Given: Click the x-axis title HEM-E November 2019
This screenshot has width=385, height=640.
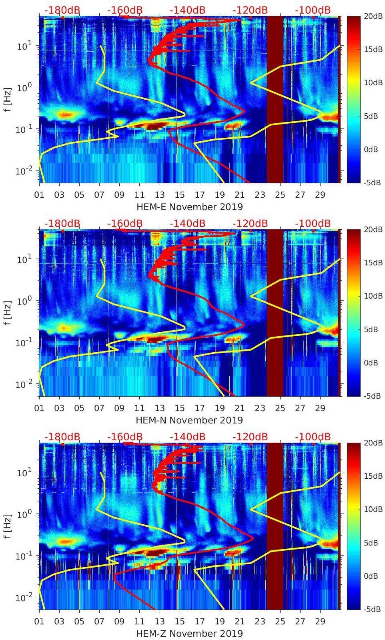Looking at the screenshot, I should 190,207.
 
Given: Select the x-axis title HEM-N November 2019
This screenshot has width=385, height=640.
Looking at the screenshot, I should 189,420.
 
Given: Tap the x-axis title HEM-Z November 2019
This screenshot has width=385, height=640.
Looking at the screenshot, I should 189,634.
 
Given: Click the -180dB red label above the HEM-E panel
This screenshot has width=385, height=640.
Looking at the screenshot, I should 62,10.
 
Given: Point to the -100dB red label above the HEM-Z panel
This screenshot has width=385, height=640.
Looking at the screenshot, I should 313,437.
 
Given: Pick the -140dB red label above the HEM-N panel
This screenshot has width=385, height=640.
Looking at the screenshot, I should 188,223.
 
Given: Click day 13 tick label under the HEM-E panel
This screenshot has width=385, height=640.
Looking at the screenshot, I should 160,195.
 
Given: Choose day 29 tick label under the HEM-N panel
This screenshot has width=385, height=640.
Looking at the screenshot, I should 320,408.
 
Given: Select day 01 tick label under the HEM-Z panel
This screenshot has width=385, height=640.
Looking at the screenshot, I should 39,622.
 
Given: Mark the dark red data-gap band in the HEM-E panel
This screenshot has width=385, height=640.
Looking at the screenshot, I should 275,99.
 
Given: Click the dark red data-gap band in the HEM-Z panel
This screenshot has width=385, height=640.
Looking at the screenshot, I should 275,526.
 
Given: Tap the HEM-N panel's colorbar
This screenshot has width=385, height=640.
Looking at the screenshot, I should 354,313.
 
